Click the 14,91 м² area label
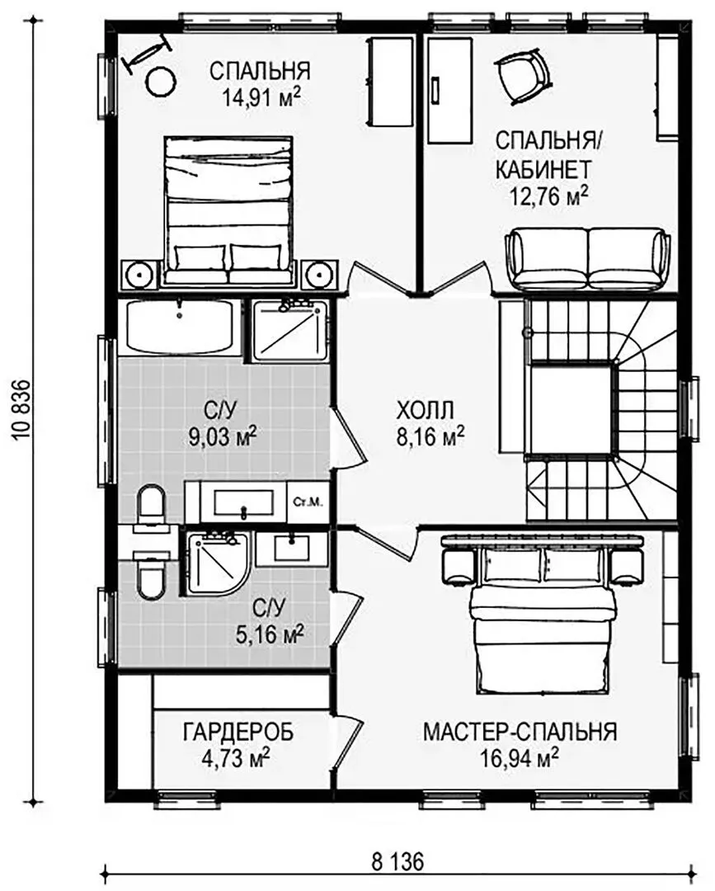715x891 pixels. (261, 98)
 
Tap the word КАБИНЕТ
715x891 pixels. (543, 169)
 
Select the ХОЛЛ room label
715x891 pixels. (425, 410)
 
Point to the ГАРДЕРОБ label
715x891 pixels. (238, 732)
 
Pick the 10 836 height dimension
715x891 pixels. (21, 410)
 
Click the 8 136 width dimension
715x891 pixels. (397, 861)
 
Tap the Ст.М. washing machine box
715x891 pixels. (308, 502)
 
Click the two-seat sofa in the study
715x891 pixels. (586, 258)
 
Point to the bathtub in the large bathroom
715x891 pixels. (180, 326)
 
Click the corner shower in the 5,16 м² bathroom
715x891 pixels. (216, 563)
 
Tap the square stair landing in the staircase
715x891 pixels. (572, 409)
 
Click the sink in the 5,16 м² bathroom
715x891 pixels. (292, 549)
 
